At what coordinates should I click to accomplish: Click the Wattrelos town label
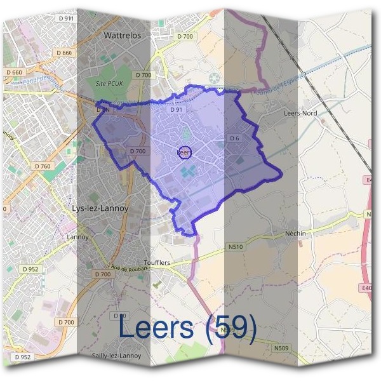pos(122,36)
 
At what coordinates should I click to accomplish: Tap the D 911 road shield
pos(66,19)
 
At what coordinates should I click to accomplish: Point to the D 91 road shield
pos(176,110)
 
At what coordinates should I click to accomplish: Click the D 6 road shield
pos(234,138)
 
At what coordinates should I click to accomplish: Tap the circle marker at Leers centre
pos(185,152)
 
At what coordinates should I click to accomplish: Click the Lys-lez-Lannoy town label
pos(102,208)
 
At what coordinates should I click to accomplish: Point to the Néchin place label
pos(296,233)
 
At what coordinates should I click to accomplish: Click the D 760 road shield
pos(43,166)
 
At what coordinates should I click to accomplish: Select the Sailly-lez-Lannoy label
pos(116,356)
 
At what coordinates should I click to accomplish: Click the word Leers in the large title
pos(156,328)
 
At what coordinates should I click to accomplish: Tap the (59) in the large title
pos(236,328)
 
